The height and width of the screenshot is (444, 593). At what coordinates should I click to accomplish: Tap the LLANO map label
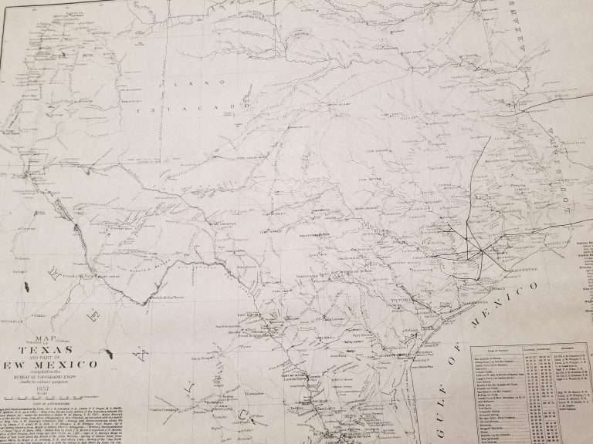coord(189,82)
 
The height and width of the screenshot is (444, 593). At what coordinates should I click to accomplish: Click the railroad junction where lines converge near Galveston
coord(479,251)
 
